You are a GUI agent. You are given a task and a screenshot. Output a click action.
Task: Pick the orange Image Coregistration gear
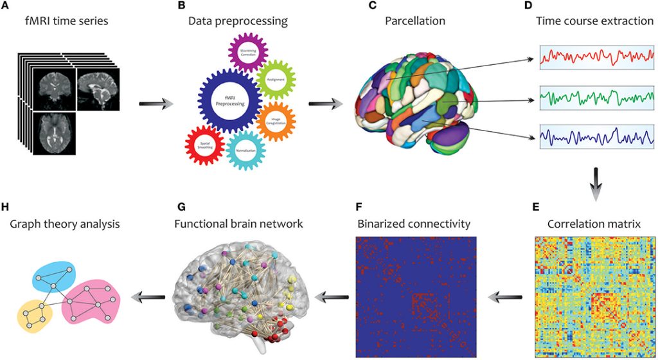(275, 121)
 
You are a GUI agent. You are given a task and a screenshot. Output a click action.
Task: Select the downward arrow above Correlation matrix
(596, 180)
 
